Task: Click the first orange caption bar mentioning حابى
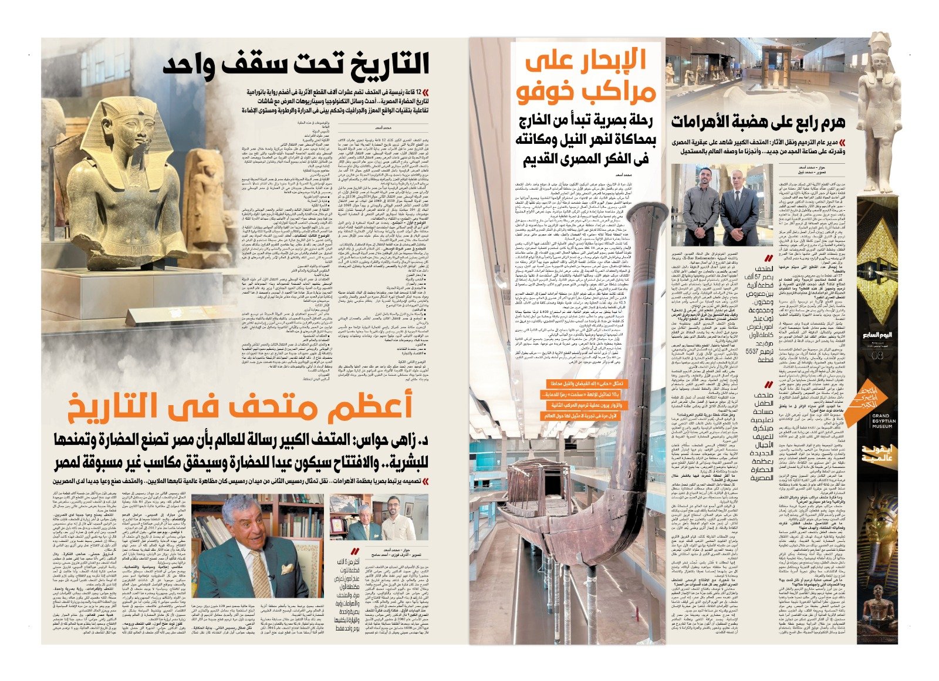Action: click(x=577, y=383)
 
